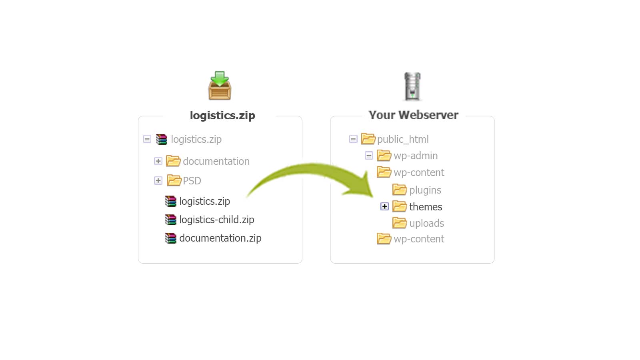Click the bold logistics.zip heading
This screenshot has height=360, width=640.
point(222,116)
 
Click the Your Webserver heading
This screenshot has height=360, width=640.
point(414,115)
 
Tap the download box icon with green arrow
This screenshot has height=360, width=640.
point(220,86)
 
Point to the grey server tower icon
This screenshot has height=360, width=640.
point(412,86)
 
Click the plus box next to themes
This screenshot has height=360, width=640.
point(384,206)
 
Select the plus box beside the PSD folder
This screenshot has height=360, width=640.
point(158,180)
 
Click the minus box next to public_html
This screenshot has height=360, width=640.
point(353,139)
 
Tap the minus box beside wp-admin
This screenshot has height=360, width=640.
point(368,156)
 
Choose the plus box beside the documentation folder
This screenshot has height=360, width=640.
point(158,161)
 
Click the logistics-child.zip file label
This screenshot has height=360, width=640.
point(216,220)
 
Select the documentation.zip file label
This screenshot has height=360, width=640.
point(220,238)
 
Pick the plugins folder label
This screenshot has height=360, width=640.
point(425,190)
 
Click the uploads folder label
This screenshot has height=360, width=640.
point(426,223)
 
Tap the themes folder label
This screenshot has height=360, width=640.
point(426,206)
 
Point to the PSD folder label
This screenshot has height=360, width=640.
point(192,180)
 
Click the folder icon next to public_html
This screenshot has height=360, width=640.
point(368,138)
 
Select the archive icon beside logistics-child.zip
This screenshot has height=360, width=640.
point(170,220)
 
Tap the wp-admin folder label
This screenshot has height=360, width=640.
point(416,156)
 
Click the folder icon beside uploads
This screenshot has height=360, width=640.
point(400,223)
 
